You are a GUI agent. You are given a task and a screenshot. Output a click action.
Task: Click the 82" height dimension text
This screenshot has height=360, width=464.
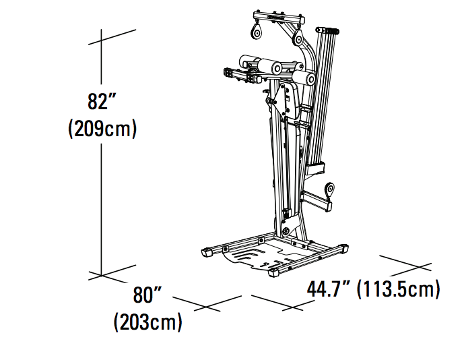(x=102, y=103)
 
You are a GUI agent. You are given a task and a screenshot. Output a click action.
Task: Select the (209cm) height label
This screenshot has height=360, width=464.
(x=102, y=128)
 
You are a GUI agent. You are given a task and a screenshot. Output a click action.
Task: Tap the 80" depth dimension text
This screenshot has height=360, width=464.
(x=147, y=296)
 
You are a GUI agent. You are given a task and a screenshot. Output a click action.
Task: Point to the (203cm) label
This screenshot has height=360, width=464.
(x=147, y=321)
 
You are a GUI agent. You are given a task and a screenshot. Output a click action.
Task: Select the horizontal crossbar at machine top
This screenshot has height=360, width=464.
(x=276, y=16)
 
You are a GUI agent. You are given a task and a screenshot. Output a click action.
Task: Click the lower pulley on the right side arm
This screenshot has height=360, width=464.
(x=329, y=191)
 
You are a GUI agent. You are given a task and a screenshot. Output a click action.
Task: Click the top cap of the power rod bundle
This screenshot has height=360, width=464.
(x=331, y=30)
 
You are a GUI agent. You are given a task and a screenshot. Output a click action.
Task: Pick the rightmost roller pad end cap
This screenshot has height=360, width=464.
(x=310, y=78)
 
